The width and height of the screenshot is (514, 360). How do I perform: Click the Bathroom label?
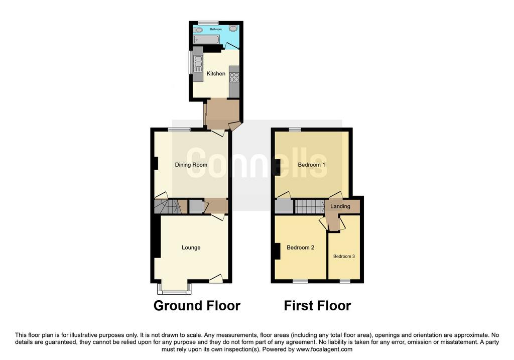(x=216, y=29)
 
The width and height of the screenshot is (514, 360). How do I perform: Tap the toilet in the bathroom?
(x=198, y=30)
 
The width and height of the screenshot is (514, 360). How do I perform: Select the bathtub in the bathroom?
(x=206, y=40)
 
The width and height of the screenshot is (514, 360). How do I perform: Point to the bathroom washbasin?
(x=233, y=29)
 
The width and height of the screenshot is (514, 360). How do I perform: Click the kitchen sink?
(x=198, y=64)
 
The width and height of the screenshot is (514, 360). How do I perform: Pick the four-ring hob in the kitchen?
(x=234, y=77)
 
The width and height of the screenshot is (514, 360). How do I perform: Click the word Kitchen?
(x=216, y=73)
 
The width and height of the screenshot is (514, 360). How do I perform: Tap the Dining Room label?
(x=191, y=165)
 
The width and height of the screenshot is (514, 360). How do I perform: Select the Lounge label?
(x=191, y=248)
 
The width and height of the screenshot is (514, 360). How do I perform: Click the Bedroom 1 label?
(x=311, y=165)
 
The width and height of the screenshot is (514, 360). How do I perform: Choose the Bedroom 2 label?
(x=300, y=248)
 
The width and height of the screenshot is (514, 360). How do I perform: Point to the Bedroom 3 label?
(x=344, y=257)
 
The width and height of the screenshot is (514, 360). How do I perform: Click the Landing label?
(x=340, y=206)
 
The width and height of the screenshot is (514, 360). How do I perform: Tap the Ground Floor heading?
(x=197, y=306)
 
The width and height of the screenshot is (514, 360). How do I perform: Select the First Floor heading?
(x=317, y=306)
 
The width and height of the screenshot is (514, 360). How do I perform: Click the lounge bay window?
(x=174, y=289)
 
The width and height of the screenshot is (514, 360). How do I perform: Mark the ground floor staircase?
(x=168, y=206)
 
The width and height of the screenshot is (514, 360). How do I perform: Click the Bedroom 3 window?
(x=344, y=281)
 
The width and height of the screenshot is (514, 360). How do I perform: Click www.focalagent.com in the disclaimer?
(x=324, y=349)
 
